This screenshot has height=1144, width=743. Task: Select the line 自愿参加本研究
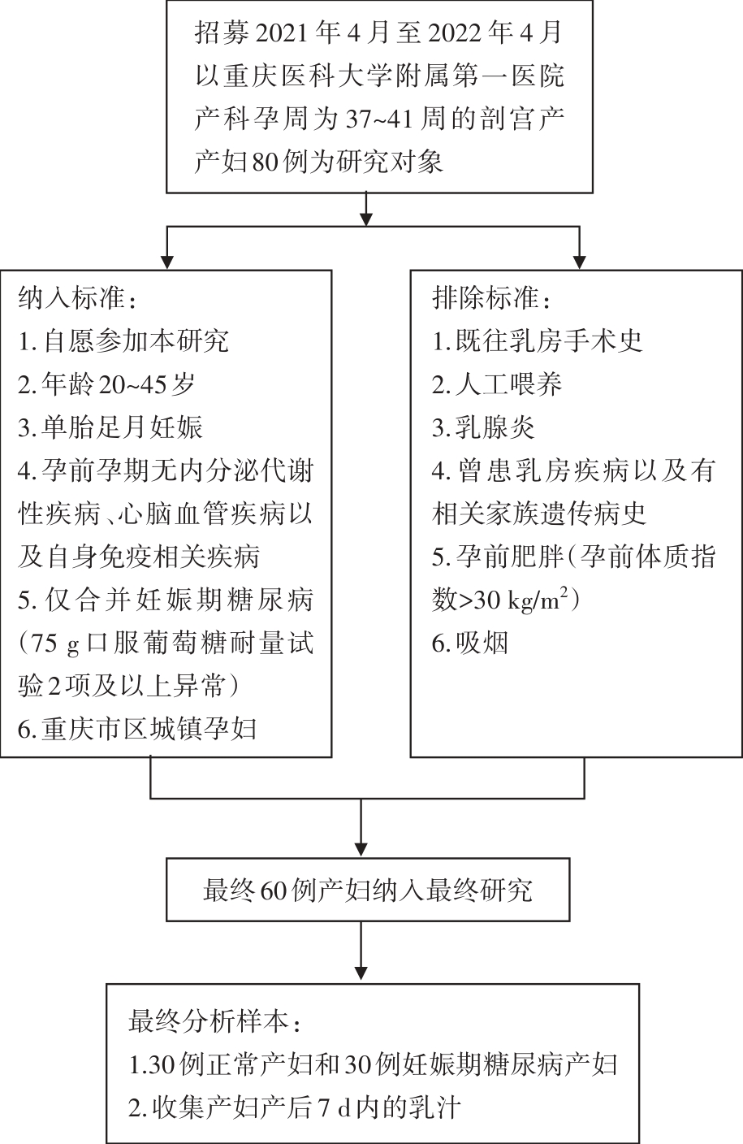pyautogui.click(x=123, y=341)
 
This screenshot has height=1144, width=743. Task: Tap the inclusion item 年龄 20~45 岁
pyautogui.click(x=106, y=384)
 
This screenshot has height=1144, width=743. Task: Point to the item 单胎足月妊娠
pyautogui.click(x=110, y=427)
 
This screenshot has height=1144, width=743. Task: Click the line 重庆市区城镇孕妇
pyautogui.click(x=136, y=729)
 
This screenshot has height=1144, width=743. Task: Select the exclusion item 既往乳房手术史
pyautogui.click(x=537, y=341)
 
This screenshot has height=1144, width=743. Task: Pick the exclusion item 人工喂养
pyautogui.click(x=496, y=384)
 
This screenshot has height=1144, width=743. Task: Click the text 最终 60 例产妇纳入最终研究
pyautogui.click(x=368, y=890)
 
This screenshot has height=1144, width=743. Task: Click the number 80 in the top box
pyautogui.click(x=266, y=162)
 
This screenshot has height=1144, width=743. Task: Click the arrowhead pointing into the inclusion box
pyautogui.click(x=167, y=262)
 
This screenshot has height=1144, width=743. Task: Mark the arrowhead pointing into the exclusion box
pyautogui.click(x=580, y=262)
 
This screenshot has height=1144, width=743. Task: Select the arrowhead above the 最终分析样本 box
pyautogui.click(x=361, y=973)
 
